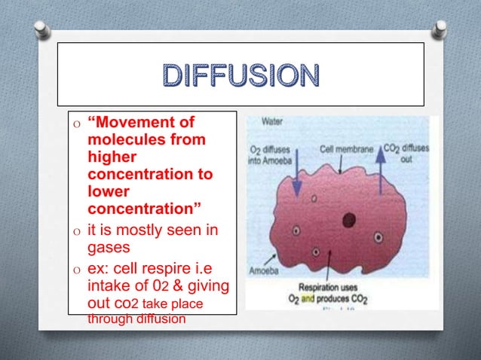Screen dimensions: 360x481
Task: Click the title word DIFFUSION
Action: (x=240, y=76)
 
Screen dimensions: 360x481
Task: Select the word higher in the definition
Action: (x=112, y=157)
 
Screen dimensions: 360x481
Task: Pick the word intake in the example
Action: (x=112, y=286)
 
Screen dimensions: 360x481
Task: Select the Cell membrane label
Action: (x=346, y=149)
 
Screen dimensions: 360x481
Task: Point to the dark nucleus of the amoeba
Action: (x=348, y=220)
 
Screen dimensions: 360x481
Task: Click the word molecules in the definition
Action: (x=126, y=140)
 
